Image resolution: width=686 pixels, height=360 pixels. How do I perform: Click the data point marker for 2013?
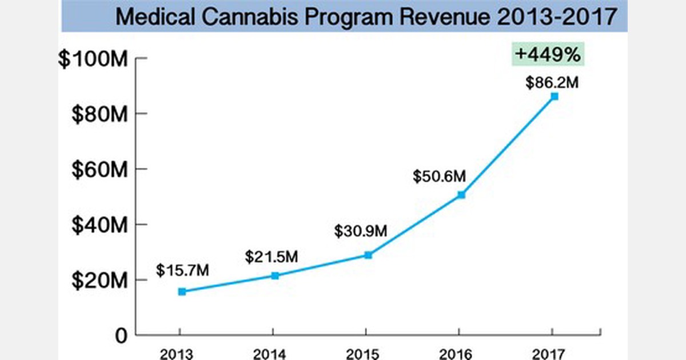click(x=182, y=291)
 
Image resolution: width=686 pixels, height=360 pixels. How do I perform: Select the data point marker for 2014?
click(x=275, y=275)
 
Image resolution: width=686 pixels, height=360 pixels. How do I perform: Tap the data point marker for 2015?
click(x=368, y=255)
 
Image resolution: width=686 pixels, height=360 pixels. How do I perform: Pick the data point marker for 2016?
click(x=461, y=195)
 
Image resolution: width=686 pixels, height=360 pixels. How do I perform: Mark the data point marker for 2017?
click(x=555, y=97)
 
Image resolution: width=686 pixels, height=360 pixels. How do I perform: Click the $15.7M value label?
click(x=182, y=270)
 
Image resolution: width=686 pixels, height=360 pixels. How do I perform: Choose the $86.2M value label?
click(x=552, y=82)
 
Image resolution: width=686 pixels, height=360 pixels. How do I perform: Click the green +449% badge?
click(x=548, y=55)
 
